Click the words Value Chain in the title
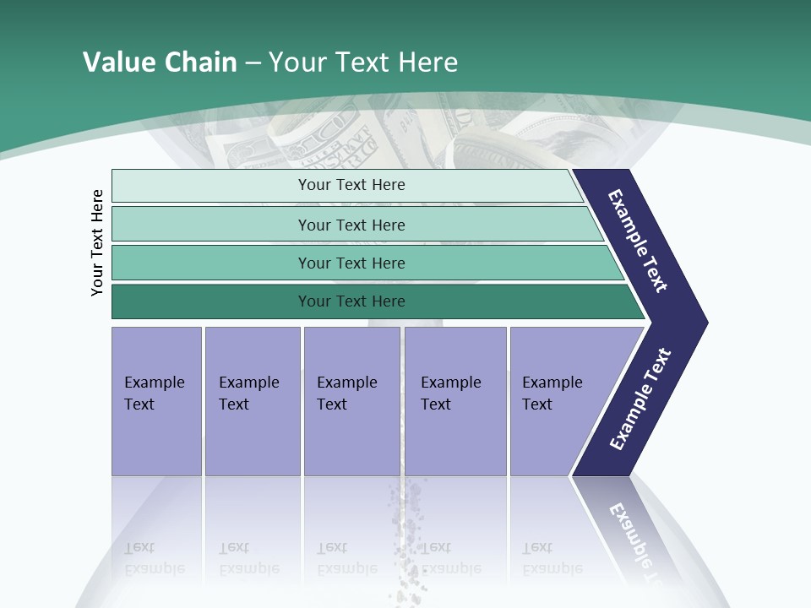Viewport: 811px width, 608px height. pyautogui.click(x=160, y=62)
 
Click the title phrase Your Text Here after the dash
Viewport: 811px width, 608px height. pyautogui.click(x=363, y=62)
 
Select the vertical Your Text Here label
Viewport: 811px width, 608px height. pyautogui.click(x=97, y=243)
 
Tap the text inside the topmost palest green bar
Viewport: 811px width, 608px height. pyautogui.click(x=351, y=185)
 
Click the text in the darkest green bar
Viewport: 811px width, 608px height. pyautogui.click(x=351, y=301)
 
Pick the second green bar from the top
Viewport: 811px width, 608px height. pyautogui.click(x=351, y=225)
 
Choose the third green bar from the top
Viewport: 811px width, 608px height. pyautogui.click(x=351, y=263)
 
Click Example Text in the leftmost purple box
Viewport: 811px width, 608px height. pyautogui.click(x=154, y=394)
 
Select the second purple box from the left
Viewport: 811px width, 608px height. pyautogui.click(x=252, y=400)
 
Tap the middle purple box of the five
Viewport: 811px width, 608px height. pyautogui.click(x=351, y=400)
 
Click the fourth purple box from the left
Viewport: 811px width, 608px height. pyautogui.click(x=455, y=400)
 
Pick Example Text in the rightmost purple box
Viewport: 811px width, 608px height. pyautogui.click(x=552, y=394)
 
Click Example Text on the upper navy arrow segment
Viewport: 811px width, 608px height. pyautogui.click(x=638, y=241)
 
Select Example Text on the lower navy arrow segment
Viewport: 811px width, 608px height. pyautogui.click(x=640, y=399)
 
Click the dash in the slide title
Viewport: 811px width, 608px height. pyautogui.click(x=253, y=62)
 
